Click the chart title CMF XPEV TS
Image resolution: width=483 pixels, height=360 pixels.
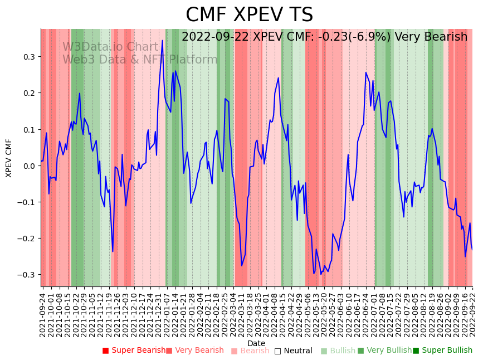(x=249, y=15)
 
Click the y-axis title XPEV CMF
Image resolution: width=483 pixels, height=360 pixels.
(x=9, y=158)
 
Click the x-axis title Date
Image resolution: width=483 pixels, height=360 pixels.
(x=256, y=343)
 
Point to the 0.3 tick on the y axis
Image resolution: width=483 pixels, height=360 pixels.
(x=28, y=57)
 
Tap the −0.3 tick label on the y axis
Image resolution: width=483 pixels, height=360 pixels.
(x=26, y=275)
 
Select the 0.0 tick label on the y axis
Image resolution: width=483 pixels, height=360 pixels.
(x=28, y=166)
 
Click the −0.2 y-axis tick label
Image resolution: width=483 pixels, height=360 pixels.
(x=26, y=239)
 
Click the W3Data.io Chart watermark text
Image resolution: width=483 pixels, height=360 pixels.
(x=111, y=47)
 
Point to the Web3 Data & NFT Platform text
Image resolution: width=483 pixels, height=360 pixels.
(x=140, y=60)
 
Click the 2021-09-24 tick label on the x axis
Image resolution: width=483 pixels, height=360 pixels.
(x=43, y=313)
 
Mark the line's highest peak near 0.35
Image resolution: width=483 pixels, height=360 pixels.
(x=163, y=40)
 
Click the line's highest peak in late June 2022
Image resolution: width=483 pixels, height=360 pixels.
(x=366, y=72)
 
